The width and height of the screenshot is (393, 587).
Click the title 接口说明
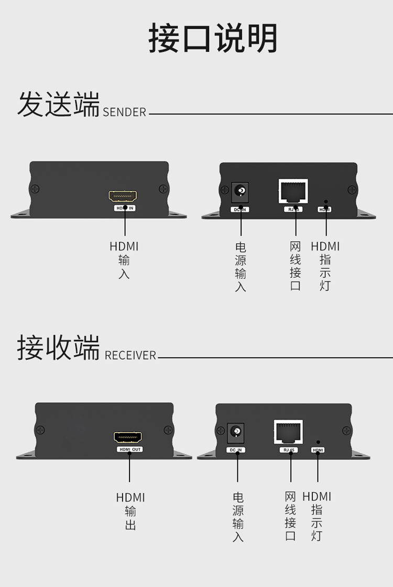213,38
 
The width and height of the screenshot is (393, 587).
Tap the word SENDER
124,112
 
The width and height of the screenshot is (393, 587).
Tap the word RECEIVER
130,355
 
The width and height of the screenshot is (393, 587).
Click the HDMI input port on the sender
123,197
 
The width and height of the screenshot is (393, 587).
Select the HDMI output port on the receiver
128,438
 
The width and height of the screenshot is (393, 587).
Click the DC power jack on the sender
241,191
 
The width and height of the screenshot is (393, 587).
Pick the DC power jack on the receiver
236,432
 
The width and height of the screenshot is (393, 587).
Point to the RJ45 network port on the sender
293,191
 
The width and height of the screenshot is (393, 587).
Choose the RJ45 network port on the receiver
288,432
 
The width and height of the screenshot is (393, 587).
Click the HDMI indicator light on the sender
326,201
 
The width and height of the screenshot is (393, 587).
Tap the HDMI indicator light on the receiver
318,442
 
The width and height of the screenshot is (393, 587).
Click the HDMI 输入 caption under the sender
124,259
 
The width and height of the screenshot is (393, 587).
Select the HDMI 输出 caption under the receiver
130,511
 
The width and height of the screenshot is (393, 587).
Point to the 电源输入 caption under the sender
241,266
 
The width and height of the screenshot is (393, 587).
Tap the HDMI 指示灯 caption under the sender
325,266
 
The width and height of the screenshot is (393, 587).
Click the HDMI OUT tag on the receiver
129,449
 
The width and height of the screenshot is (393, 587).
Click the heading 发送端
58,104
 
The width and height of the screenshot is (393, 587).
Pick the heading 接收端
58,348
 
